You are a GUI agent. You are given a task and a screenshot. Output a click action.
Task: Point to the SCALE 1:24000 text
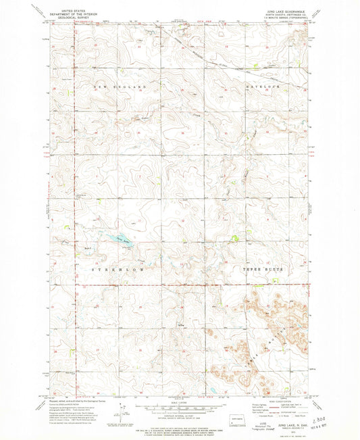[180, 402]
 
